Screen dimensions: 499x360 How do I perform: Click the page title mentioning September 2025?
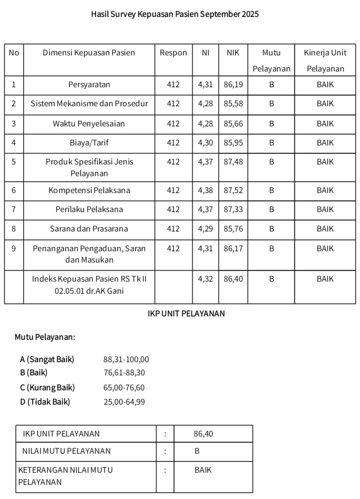[175, 14]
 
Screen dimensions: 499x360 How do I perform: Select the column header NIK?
[233, 53]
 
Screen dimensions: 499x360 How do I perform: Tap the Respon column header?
[173, 53]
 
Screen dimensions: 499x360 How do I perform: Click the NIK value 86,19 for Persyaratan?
[233, 85]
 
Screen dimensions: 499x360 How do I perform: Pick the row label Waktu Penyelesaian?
[89, 124]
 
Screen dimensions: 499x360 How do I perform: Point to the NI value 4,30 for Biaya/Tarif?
[205, 143]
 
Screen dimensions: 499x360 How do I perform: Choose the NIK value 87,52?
[233, 190]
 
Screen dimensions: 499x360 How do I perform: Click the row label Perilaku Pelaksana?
[89, 209]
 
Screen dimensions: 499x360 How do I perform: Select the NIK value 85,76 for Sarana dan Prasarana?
[233, 229]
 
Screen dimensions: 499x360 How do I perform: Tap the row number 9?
[14, 249]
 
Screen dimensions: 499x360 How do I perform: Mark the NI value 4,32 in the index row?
[205, 279]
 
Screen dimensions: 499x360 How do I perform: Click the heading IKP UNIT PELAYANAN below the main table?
[186, 314]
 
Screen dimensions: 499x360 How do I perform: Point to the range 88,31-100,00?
[126, 360]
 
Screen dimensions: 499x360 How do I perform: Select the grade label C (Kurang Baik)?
[47, 387]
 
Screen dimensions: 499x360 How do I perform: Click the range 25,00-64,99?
[124, 402]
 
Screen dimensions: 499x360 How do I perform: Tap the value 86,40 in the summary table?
[203, 434]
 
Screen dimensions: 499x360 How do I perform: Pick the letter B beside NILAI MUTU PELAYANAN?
[197, 451]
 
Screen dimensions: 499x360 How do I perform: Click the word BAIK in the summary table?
[203, 470]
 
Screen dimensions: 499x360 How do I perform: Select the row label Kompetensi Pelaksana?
[89, 190]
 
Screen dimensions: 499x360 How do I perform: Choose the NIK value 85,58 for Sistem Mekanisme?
[233, 104]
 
